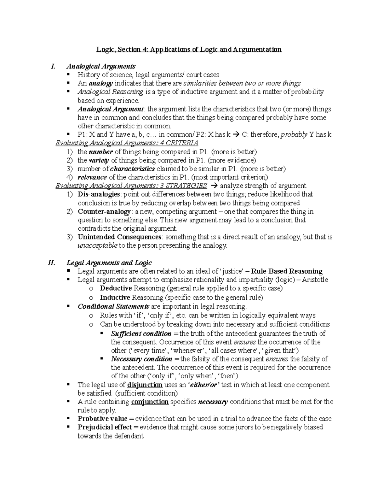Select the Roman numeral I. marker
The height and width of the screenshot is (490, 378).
53,67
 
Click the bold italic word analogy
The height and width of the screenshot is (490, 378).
101,84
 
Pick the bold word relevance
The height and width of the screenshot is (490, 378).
92,177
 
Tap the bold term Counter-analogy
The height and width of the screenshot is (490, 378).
104,211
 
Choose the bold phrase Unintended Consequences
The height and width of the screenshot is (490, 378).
119,237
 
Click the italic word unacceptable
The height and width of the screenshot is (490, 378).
97,245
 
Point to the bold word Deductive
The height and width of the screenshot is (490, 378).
116,288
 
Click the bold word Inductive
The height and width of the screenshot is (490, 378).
115,298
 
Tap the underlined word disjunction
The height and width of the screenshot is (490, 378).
145,385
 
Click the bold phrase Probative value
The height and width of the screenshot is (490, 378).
102,419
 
